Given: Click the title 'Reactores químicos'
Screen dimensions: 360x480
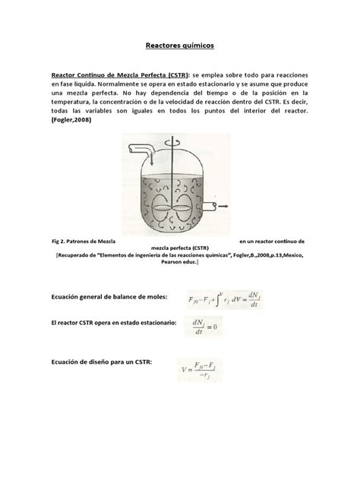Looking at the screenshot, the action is click(x=180, y=46).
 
